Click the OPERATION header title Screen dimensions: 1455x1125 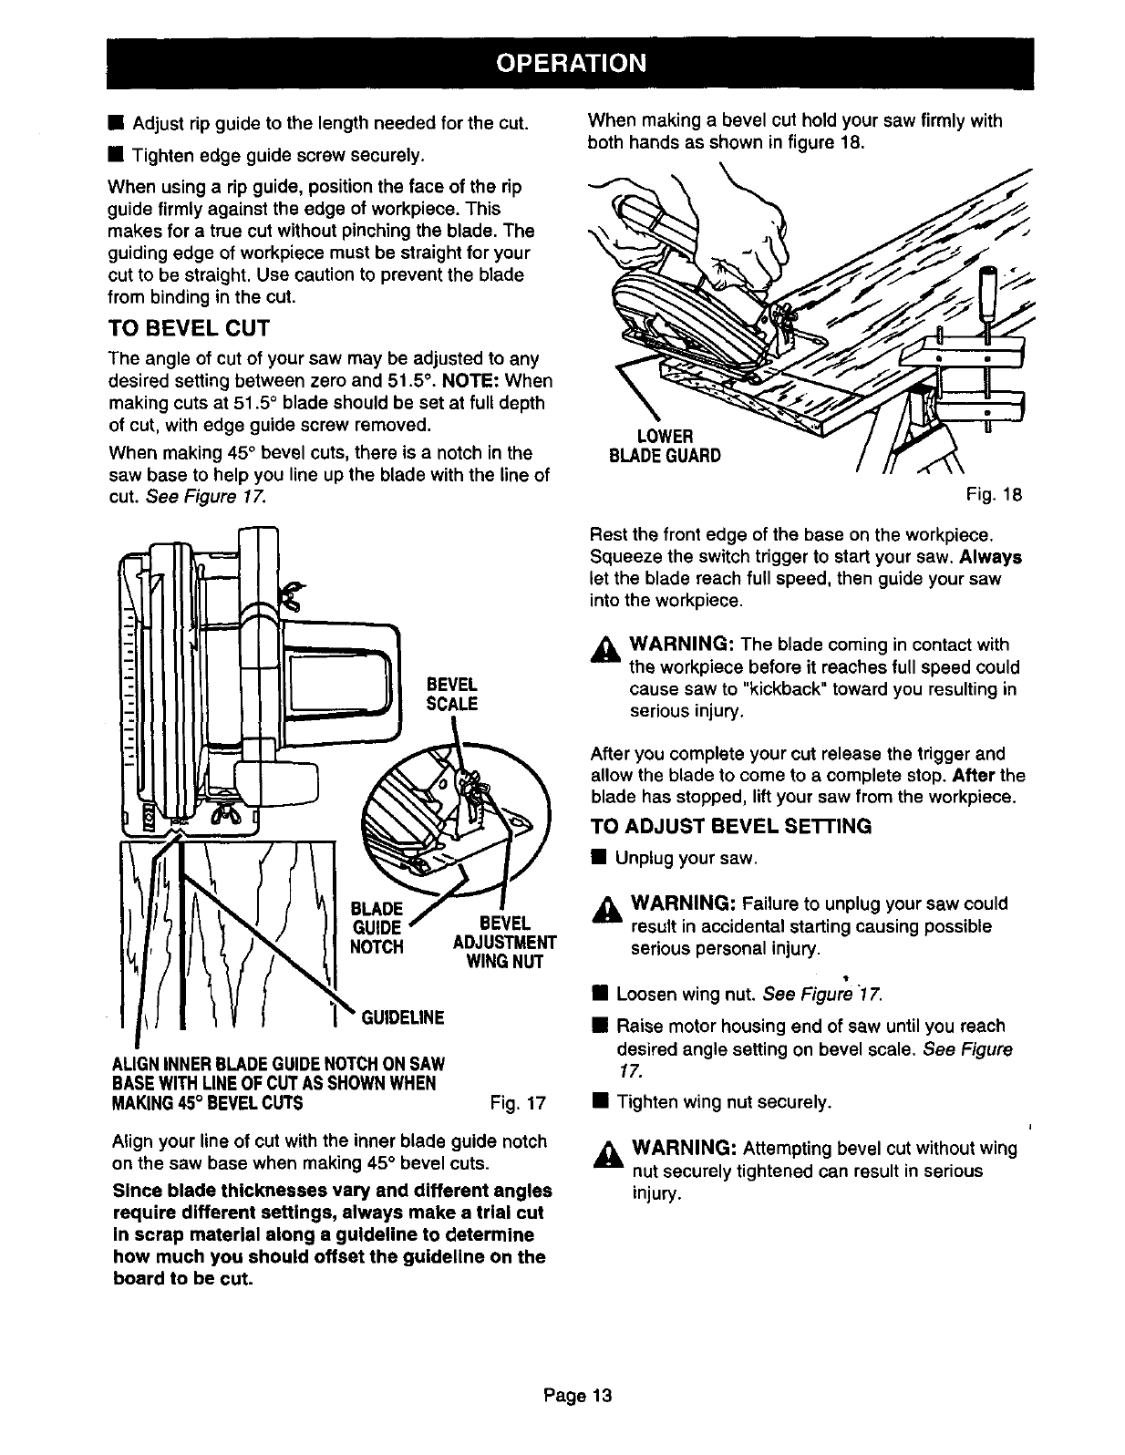click(x=571, y=63)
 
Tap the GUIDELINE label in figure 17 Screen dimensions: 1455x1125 click(x=403, y=1016)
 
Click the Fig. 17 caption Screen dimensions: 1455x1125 click(x=517, y=1104)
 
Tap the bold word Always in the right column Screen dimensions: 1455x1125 click(x=990, y=556)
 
